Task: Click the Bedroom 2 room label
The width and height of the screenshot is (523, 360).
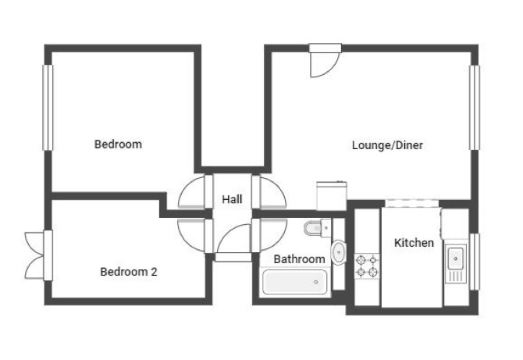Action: (x=129, y=272)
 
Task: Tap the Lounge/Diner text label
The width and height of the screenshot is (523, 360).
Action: (x=387, y=145)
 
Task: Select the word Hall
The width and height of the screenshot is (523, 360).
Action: (x=232, y=199)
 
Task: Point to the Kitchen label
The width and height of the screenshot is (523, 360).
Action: (x=414, y=243)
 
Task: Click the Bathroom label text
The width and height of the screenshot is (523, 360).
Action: (x=299, y=259)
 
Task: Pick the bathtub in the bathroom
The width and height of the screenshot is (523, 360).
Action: (x=295, y=282)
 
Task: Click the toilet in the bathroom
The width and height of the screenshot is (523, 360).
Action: (x=317, y=228)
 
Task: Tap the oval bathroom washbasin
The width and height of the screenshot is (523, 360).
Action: (x=339, y=252)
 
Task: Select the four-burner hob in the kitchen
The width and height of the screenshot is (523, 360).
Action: (x=367, y=266)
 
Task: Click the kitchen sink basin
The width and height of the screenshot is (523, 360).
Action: (x=455, y=258)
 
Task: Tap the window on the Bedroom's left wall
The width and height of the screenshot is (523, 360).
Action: (x=48, y=108)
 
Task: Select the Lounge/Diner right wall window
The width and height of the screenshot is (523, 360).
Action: (x=475, y=108)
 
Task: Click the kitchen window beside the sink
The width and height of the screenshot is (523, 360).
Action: (x=475, y=262)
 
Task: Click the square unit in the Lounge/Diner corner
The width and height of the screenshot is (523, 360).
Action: (x=332, y=196)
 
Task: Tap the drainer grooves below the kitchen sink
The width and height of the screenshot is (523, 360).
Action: (x=455, y=276)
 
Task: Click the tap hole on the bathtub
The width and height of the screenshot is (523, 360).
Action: (x=316, y=282)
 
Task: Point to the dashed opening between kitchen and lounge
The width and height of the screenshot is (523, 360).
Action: (x=412, y=204)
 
